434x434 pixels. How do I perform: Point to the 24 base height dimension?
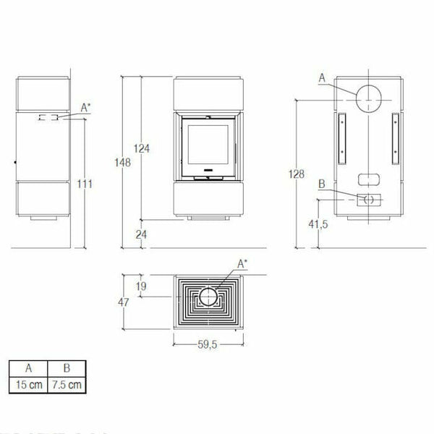tap(142, 233)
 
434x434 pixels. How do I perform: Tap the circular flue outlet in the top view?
tap(208, 297)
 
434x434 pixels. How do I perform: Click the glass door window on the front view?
tap(207, 147)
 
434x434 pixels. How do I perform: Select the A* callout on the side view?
tap(85, 108)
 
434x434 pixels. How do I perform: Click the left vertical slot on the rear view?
tap(339, 137)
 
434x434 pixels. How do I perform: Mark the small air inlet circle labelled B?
tap(367, 199)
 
